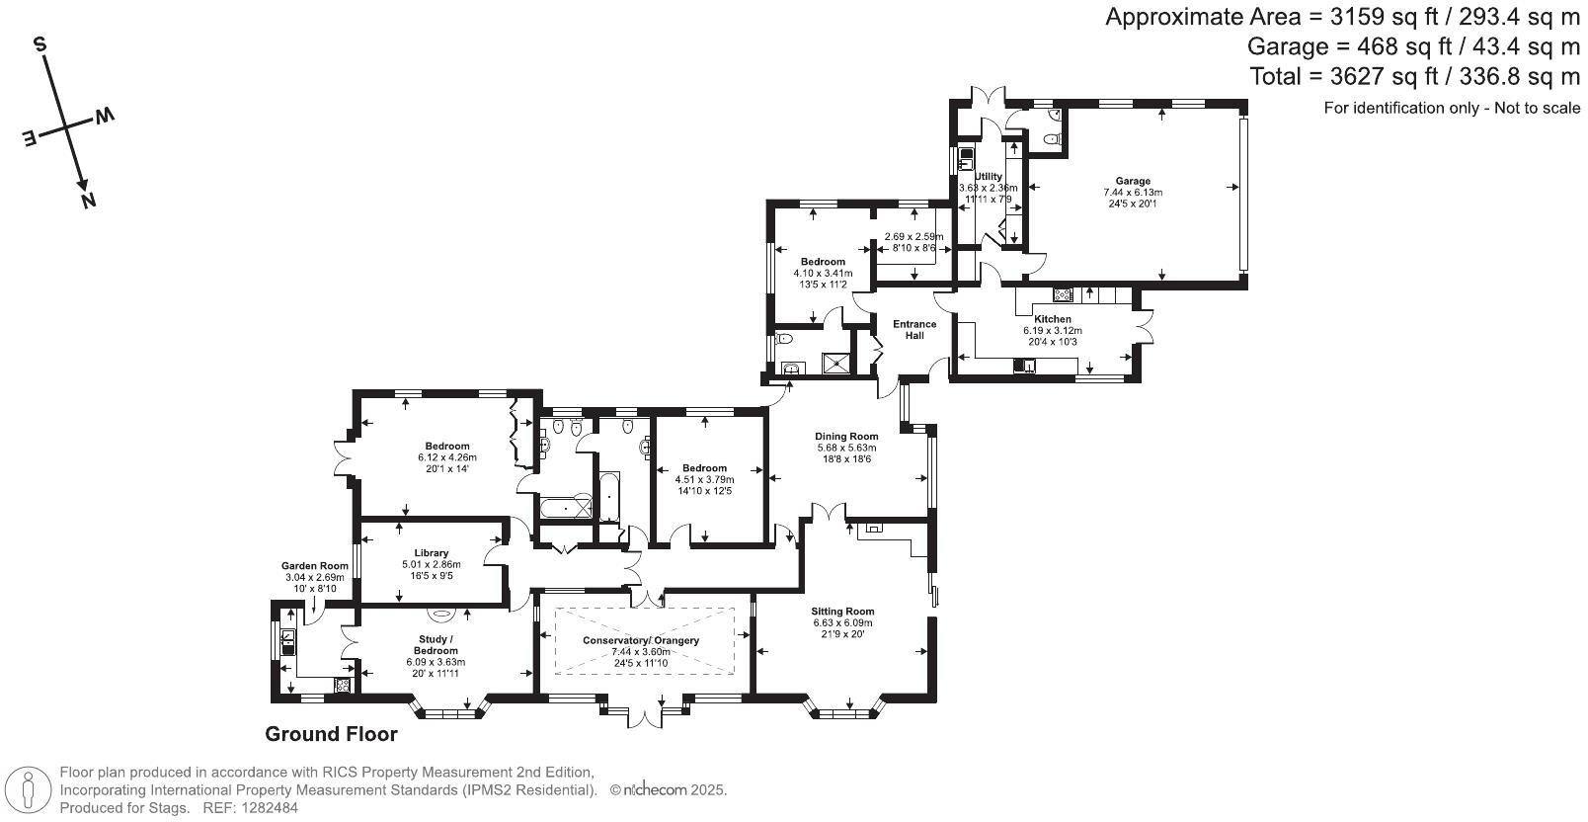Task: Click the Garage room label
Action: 1132,181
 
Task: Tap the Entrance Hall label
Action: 913,330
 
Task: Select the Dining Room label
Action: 846,436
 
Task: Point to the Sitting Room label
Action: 843,611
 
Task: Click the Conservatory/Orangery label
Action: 641,640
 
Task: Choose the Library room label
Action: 431,553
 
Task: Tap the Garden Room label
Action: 315,566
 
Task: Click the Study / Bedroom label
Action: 436,645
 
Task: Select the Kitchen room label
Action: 1052,319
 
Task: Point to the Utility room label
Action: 989,177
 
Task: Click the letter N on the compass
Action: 89,202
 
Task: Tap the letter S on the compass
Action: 40,45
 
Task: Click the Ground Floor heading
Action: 331,734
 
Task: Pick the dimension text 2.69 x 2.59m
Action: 913,237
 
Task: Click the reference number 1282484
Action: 270,808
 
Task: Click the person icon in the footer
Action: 29,789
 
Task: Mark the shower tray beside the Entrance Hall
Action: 836,364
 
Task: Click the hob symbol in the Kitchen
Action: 1063,294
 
